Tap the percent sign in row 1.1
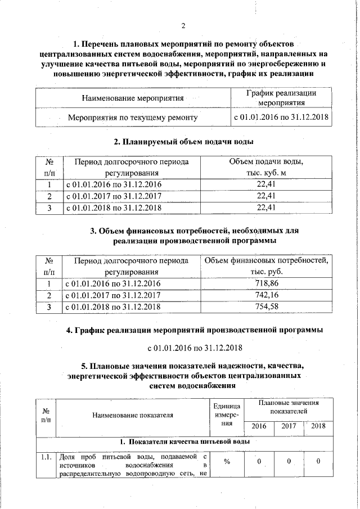(x=228, y=462)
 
